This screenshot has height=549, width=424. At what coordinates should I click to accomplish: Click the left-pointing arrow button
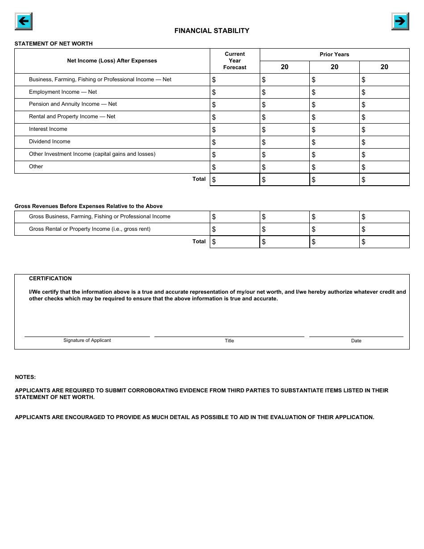tap(23, 21)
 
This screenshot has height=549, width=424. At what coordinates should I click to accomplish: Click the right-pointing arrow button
tap(400, 21)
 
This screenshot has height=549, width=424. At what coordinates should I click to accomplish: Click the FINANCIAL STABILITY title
tap(212, 31)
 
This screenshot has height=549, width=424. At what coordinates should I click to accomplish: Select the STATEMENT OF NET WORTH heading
tap(54, 44)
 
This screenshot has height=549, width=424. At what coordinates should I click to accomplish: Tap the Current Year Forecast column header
tap(235, 61)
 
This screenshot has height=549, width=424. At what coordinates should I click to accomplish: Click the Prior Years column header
tap(334, 54)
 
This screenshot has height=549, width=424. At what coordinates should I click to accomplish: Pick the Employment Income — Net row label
tap(63, 92)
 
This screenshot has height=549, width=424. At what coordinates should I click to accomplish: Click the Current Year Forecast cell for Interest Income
tap(235, 129)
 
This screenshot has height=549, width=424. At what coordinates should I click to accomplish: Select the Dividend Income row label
tap(50, 141)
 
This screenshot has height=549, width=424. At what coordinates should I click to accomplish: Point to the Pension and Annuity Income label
tap(73, 104)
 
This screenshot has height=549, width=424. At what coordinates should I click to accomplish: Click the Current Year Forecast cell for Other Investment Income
tap(235, 154)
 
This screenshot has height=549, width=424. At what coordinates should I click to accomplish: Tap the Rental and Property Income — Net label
tap(72, 116)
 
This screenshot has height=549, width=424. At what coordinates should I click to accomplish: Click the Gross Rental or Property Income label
tap(90, 229)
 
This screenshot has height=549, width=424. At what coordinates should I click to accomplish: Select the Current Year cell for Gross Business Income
tap(235, 217)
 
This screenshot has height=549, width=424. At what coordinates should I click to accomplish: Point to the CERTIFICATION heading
tap(50, 279)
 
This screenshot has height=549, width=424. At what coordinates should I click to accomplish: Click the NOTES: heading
tap(25, 377)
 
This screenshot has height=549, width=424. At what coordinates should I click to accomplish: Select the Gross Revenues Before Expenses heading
tap(88, 206)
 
